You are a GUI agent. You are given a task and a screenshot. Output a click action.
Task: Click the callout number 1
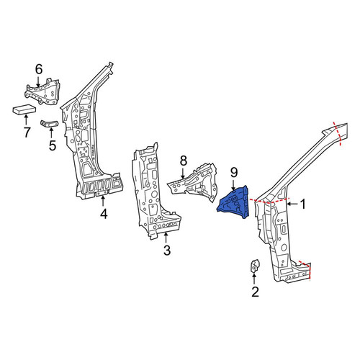[303, 204]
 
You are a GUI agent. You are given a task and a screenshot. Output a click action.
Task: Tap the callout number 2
[255, 292]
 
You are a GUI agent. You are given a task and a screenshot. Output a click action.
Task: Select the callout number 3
[167, 251]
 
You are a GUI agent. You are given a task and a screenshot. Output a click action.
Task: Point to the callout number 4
[104, 214]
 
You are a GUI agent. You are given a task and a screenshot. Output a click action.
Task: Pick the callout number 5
[53, 145]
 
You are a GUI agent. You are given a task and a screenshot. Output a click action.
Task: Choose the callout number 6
[39, 69]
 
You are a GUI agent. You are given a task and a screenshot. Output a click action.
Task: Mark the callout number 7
[27, 132]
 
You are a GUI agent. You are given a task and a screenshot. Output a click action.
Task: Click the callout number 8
[184, 161]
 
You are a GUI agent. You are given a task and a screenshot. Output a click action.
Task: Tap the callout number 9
[234, 172]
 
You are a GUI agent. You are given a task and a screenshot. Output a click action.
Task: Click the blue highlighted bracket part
[234, 203]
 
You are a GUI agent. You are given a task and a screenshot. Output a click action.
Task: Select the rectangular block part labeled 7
[24, 109]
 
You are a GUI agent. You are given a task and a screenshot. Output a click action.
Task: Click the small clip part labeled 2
[255, 266]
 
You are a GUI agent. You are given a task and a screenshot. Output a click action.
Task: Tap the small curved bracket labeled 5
[49, 124]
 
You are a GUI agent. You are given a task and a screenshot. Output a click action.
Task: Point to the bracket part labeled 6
[42, 91]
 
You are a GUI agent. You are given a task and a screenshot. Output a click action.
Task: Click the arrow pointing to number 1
[292, 204]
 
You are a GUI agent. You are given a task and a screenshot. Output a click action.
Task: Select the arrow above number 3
[166, 238]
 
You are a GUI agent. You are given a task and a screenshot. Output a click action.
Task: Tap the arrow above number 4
[103, 201]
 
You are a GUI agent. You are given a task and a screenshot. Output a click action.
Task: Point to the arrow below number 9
[234, 185]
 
